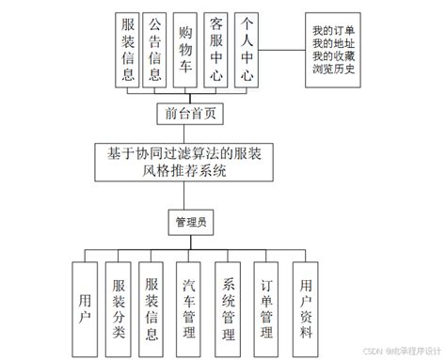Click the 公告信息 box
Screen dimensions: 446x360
(156, 49)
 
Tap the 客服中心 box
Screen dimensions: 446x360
(217, 49)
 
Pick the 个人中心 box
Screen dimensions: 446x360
(248, 49)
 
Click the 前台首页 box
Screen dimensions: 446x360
(191, 113)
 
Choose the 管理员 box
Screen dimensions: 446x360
(191, 224)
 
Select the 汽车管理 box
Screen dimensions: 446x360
(187, 307)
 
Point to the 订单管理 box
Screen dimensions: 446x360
(266, 307)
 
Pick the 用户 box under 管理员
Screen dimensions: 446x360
(86, 307)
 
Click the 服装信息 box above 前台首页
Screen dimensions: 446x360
(127, 49)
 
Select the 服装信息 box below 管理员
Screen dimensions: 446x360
(152, 307)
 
